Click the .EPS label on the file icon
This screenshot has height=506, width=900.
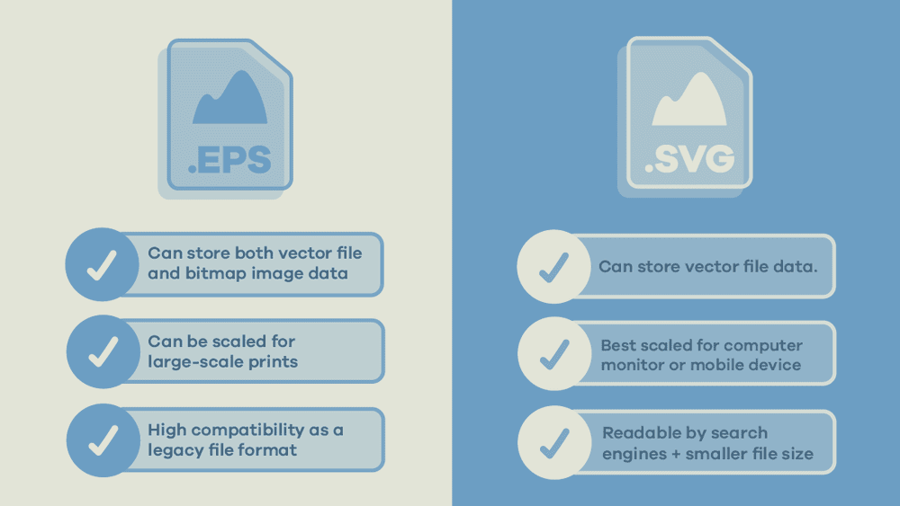(229, 159)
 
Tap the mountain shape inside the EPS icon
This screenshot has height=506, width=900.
(230, 99)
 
